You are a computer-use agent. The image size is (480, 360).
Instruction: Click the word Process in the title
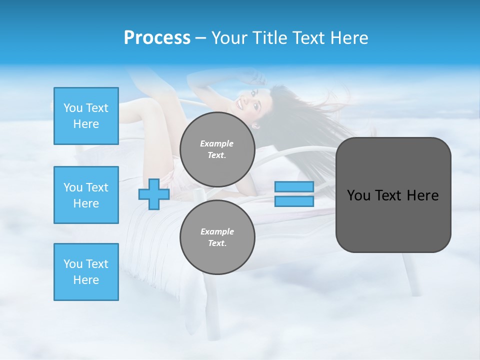point(157,38)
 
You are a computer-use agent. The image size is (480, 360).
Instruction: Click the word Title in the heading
point(269,38)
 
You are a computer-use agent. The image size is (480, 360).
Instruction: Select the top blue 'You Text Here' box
point(86,116)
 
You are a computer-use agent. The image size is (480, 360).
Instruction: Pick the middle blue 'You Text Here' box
point(86,195)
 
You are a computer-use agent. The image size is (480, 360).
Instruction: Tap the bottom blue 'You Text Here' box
point(86,272)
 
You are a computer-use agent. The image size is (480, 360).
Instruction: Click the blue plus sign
point(153,194)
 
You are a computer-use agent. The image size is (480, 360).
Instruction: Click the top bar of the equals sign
point(294,186)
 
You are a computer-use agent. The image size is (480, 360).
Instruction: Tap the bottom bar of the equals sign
point(294,201)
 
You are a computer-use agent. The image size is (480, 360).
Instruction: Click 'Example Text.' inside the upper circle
point(217,149)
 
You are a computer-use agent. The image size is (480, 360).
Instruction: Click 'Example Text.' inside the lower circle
point(217,237)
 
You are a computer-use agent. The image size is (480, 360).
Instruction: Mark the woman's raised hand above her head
point(255,76)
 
